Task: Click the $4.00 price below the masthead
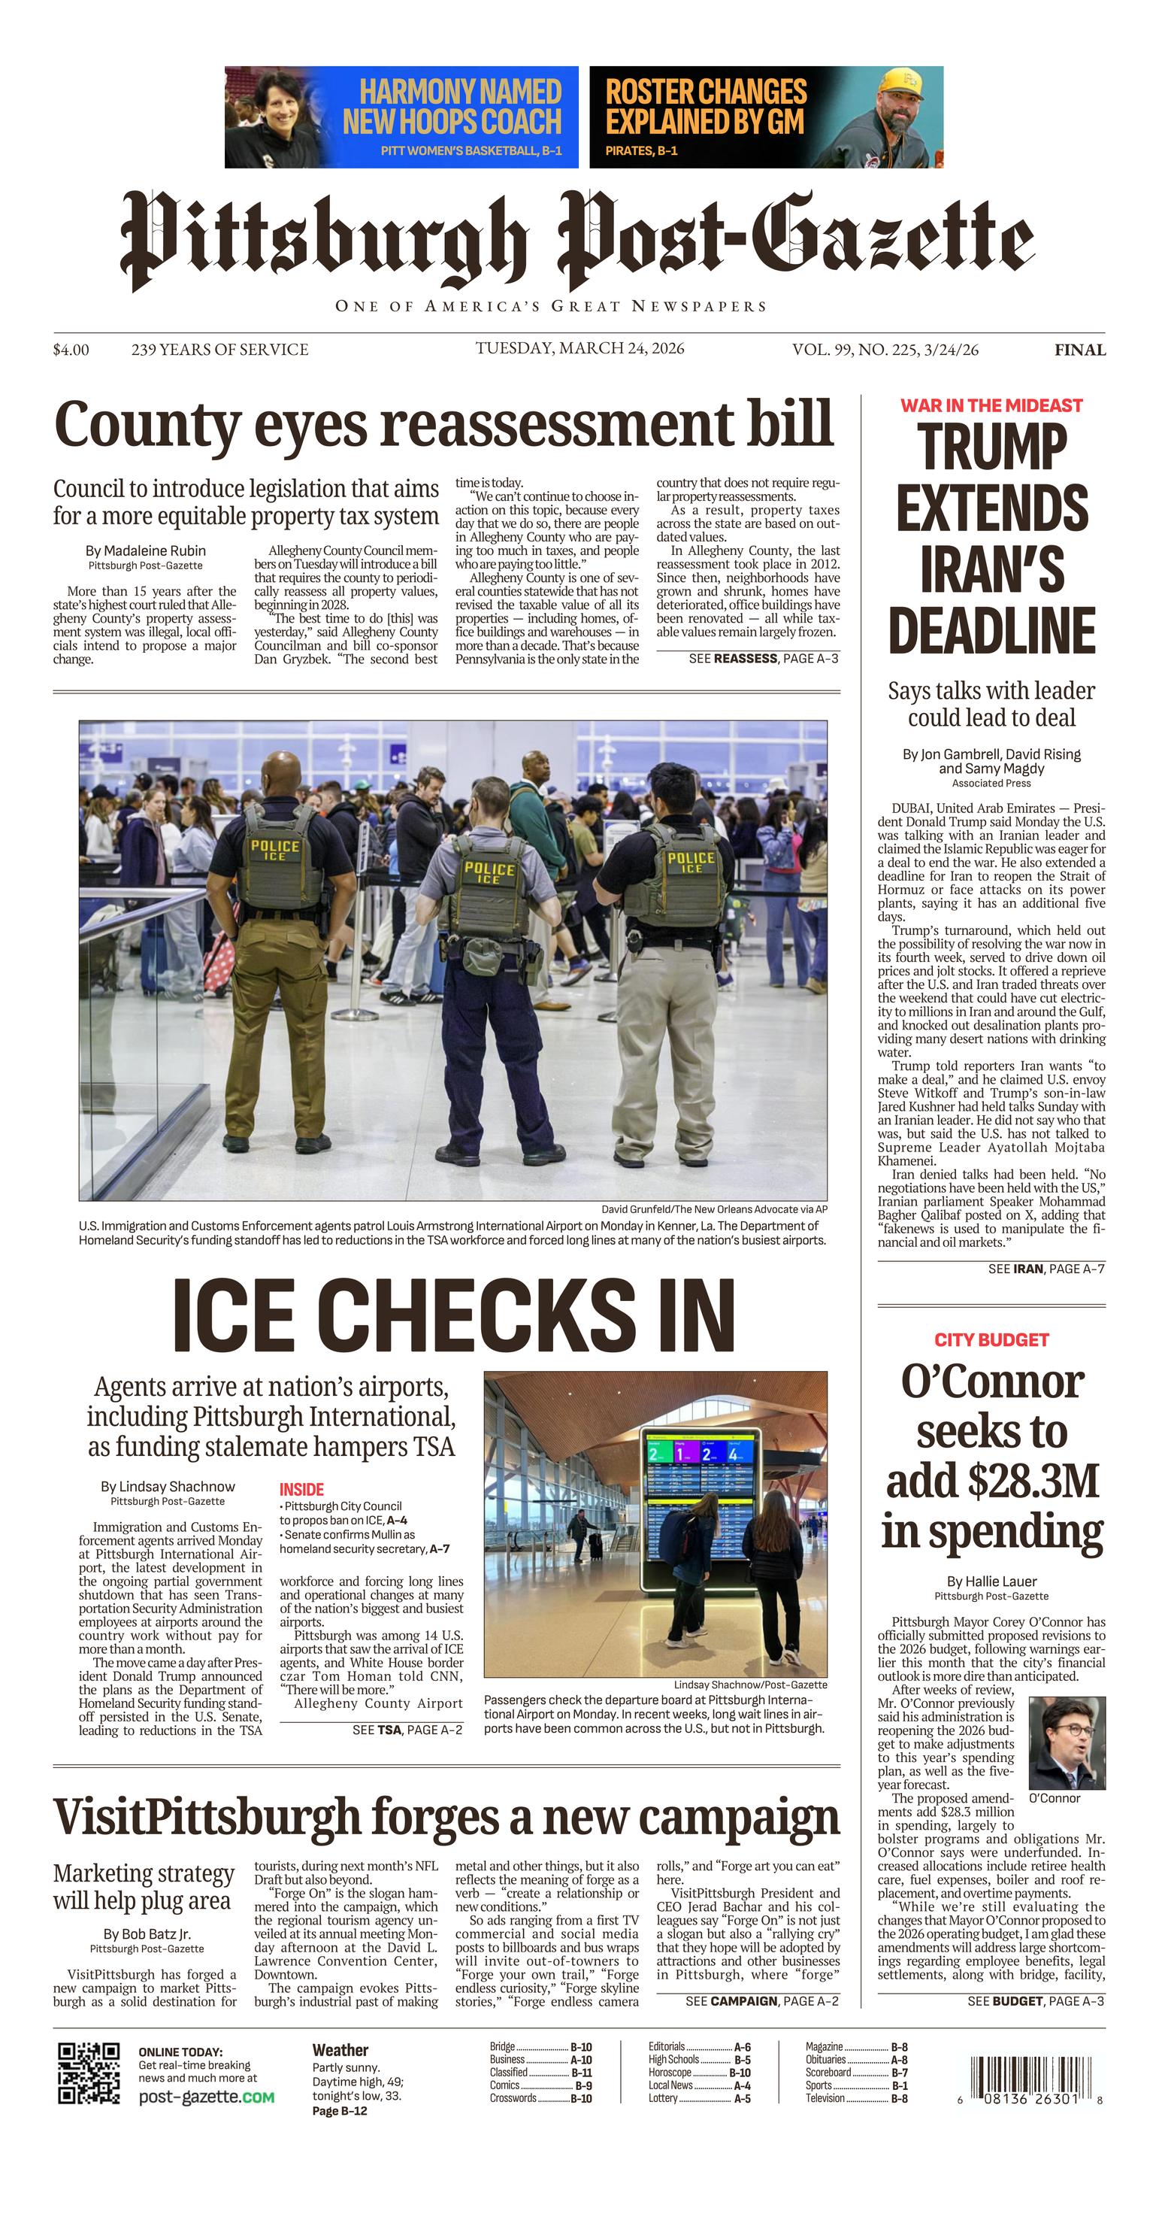tap(71, 350)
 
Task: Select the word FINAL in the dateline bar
tap(1080, 350)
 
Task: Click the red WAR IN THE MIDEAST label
tap(991, 405)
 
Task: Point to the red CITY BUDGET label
tap(991, 1339)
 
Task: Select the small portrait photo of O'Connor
tap(1067, 1743)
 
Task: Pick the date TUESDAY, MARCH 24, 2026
tap(580, 348)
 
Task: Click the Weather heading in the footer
tap(340, 2050)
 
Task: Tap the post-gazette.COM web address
tap(206, 2097)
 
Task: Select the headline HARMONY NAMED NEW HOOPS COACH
tap(452, 107)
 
